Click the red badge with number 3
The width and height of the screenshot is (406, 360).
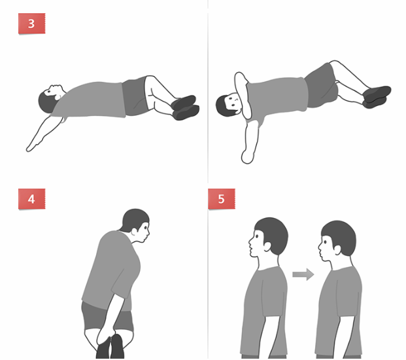(31, 24)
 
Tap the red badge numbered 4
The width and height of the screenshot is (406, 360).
(31, 199)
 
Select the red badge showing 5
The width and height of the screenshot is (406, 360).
(222, 199)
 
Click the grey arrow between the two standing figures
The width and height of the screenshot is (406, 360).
(303, 274)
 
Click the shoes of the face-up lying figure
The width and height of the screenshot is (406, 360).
(185, 107)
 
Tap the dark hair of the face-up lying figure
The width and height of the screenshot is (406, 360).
(46, 102)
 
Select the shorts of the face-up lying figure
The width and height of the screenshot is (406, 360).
(135, 96)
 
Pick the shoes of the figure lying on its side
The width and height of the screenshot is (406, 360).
(377, 97)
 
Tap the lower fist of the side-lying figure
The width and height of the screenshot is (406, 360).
(247, 157)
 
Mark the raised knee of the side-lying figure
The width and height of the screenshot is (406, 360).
(335, 63)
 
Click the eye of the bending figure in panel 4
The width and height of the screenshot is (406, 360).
(146, 228)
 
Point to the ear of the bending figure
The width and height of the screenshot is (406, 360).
(135, 232)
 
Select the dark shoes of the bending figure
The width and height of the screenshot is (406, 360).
(110, 347)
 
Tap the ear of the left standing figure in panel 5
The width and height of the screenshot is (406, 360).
(267, 247)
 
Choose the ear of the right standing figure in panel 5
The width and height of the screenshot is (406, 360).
(337, 250)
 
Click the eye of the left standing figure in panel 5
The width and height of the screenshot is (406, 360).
(257, 236)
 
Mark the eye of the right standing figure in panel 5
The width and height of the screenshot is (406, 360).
(325, 242)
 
